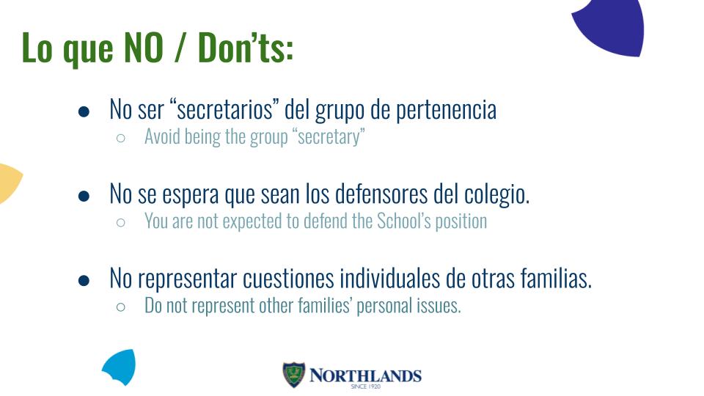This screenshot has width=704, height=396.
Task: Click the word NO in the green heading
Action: [143, 47]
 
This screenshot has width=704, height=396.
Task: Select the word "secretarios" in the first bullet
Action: [224, 109]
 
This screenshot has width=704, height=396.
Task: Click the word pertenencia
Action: [447, 111]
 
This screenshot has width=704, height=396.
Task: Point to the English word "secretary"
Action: [331, 137]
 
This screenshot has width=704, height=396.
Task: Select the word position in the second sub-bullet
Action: [461, 221]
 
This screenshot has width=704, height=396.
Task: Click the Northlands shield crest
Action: [294, 375]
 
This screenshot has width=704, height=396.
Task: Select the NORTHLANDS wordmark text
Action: [365, 375]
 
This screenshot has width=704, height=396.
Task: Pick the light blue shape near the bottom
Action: [120, 367]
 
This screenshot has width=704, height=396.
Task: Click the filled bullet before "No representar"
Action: [84, 281]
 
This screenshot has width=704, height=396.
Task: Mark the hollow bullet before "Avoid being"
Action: [120, 138]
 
